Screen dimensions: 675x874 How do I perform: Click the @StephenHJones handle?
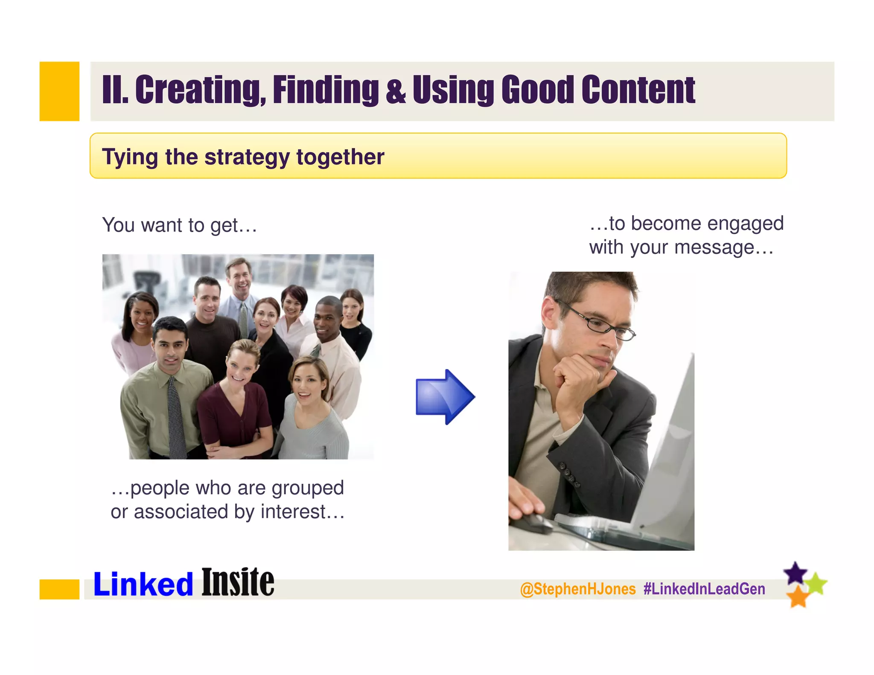coord(578,589)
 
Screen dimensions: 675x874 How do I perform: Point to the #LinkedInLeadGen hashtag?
coord(704,589)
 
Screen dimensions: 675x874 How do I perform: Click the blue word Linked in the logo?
coord(143,584)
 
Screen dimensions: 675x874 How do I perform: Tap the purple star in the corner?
coord(795,573)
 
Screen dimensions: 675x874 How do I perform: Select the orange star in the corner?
coord(798,596)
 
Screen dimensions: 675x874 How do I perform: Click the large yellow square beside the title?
coord(59,91)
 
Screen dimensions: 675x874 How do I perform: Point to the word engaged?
coord(745,224)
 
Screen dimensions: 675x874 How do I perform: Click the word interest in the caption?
coord(293,512)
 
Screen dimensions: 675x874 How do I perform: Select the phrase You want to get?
coord(179,225)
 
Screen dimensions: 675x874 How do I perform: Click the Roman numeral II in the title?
coord(114,90)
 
